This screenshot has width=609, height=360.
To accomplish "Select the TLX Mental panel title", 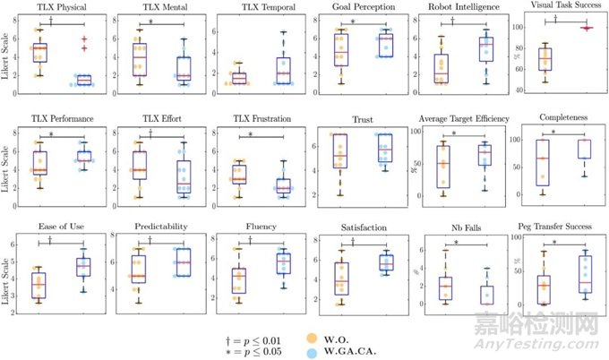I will point(150,8).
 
